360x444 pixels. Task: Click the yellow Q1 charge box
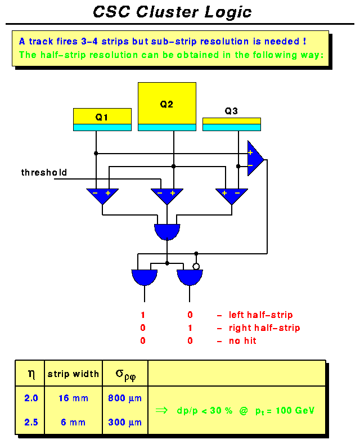(x=102, y=116)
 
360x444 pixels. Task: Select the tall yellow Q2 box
(x=166, y=104)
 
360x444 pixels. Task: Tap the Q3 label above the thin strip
(x=231, y=111)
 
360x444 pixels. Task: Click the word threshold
(x=44, y=172)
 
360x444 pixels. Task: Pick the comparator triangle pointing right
(x=255, y=159)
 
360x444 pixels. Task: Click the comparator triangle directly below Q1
(x=102, y=195)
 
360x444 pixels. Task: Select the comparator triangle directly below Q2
(x=166, y=195)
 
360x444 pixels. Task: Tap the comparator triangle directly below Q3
(x=231, y=195)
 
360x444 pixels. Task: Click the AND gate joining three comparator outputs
(x=167, y=231)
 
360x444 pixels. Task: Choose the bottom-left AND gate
(x=145, y=277)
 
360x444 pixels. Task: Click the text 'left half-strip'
(x=260, y=315)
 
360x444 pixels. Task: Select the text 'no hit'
(x=242, y=340)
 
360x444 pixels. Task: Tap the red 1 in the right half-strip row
(x=190, y=328)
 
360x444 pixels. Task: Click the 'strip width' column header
(x=73, y=374)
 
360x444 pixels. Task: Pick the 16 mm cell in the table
(x=73, y=398)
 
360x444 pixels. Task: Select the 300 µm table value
(x=125, y=422)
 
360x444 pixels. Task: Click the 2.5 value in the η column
(x=30, y=422)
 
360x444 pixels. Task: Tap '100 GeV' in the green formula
(x=295, y=411)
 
